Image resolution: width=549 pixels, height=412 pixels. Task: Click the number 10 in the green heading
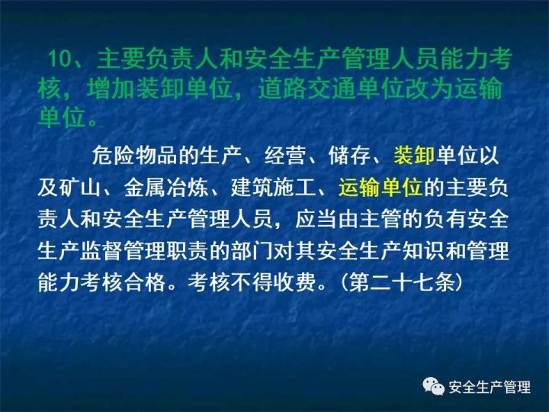point(59,59)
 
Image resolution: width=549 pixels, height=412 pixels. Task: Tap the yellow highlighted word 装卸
point(414,155)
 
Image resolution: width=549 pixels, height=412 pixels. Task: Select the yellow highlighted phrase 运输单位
point(380,188)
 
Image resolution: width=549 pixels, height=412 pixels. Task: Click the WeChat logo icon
point(433,386)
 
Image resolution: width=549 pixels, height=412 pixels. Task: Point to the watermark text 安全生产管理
point(490,387)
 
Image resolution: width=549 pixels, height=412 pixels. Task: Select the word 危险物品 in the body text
point(134,155)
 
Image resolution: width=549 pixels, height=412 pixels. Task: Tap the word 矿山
point(81,188)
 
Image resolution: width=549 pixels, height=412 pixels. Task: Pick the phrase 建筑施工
point(273,188)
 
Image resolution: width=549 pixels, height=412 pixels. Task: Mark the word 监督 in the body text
point(101,250)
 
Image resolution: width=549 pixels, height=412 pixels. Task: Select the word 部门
point(252,250)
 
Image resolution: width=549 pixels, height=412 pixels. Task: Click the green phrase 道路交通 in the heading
point(307,89)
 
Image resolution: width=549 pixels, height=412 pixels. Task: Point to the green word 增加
point(111,89)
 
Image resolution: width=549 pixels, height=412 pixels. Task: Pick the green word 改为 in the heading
point(429,89)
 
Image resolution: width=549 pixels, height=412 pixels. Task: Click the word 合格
point(145,282)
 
